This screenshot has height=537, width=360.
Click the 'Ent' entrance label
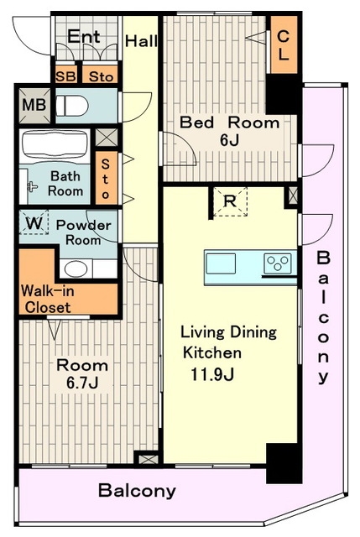coord(84,36)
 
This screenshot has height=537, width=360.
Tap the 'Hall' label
coord(141,41)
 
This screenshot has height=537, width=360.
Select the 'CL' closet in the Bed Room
coord(284,44)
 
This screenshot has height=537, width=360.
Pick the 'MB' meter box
coord(34,105)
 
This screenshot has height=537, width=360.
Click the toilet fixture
coord(72,106)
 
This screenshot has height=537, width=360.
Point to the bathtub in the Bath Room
coord(55,144)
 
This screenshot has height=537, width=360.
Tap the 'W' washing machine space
coord(34,222)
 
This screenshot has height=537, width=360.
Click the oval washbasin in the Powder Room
coord(76,268)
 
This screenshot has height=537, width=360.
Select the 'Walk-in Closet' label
coord(48,300)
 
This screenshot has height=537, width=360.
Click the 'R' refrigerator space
coord(230,201)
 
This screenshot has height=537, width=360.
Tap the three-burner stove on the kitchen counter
coord(278,263)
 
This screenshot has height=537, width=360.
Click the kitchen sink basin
coord(221,263)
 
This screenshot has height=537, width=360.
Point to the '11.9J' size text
coord(212,374)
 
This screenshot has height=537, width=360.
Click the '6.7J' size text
coord(82,383)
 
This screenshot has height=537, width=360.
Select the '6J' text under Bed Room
coord(229,140)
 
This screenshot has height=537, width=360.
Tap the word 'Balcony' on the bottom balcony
coord(137,491)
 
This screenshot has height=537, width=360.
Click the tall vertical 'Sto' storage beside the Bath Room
coord(107,178)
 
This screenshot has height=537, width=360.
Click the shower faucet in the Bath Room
coord(32,186)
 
